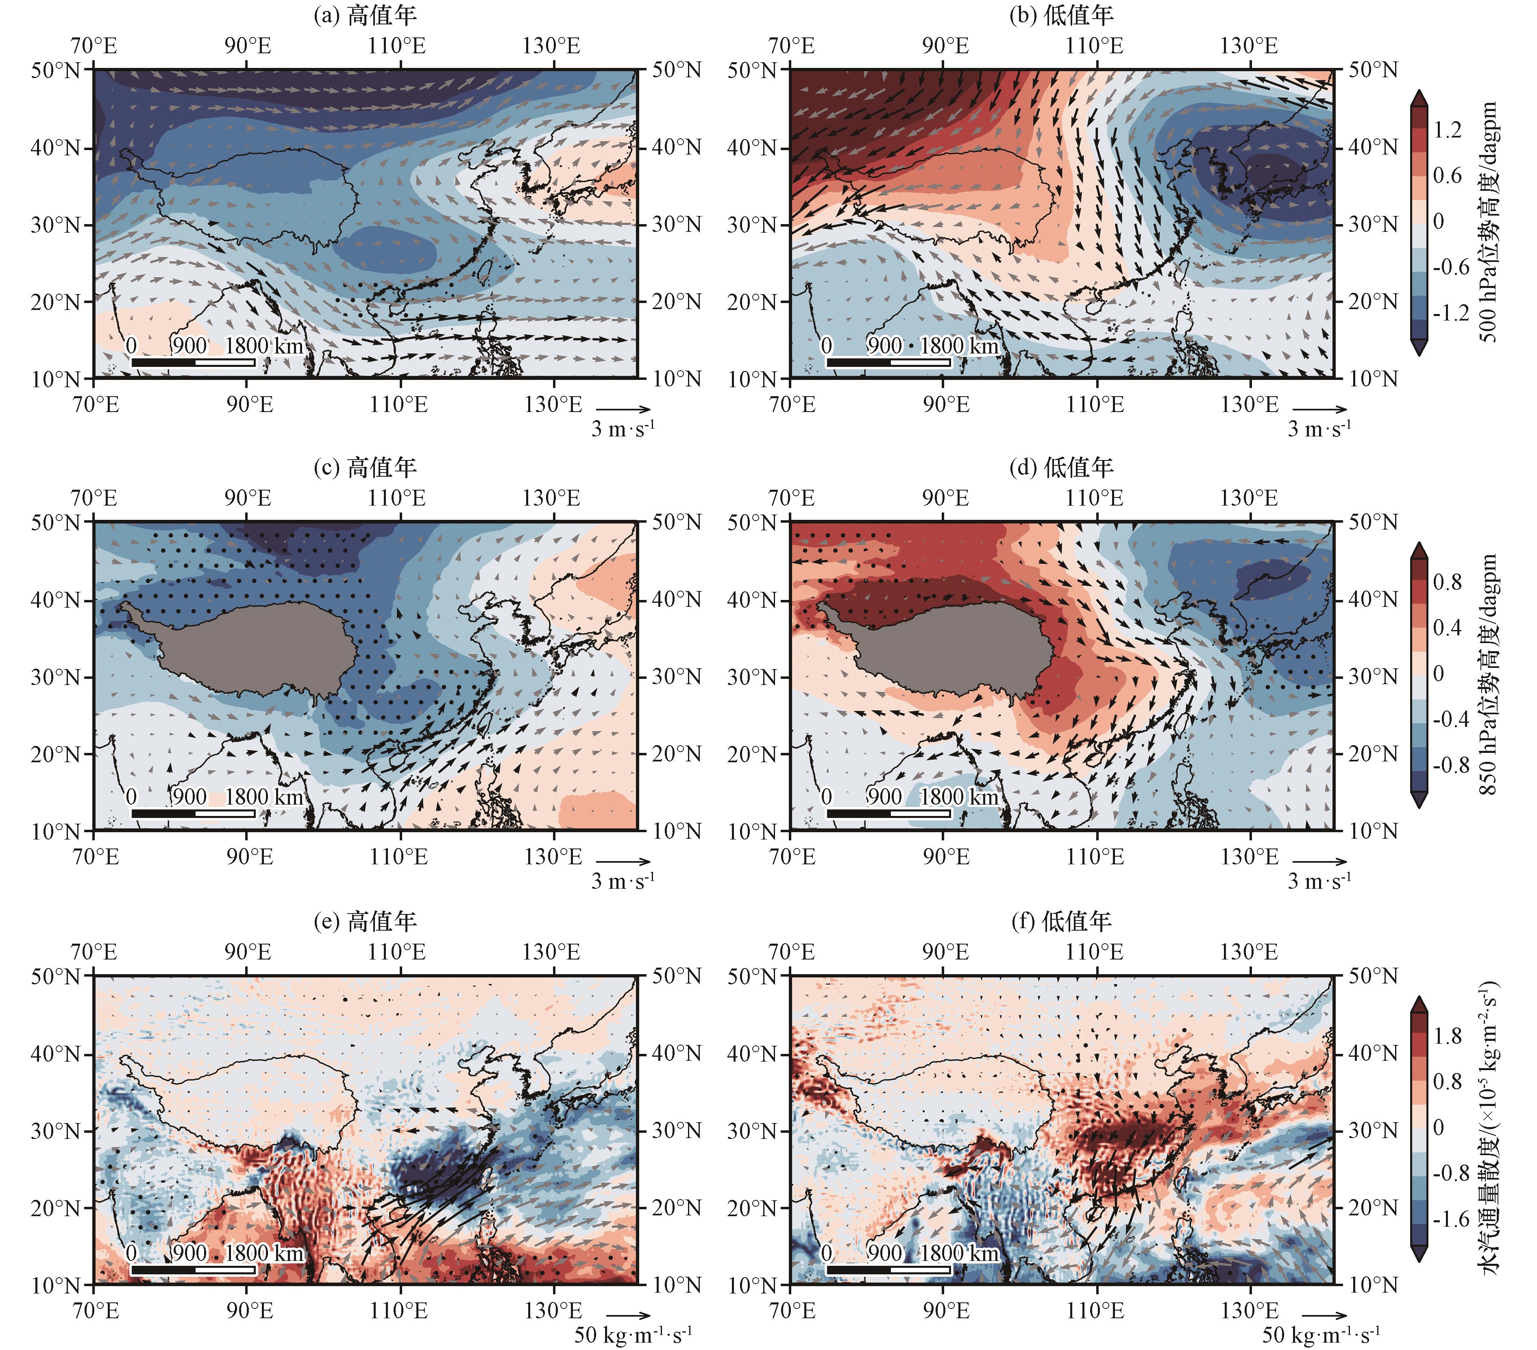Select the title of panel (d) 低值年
[x=1061, y=468]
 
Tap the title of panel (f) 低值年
[x=1061, y=921]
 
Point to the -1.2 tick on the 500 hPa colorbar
[x=1450, y=313]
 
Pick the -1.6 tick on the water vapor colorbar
[x=1450, y=1219]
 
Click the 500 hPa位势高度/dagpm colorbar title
[x=1489, y=222]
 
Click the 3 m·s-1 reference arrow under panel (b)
[x=1320, y=410]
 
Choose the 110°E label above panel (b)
[x=1094, y=46]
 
